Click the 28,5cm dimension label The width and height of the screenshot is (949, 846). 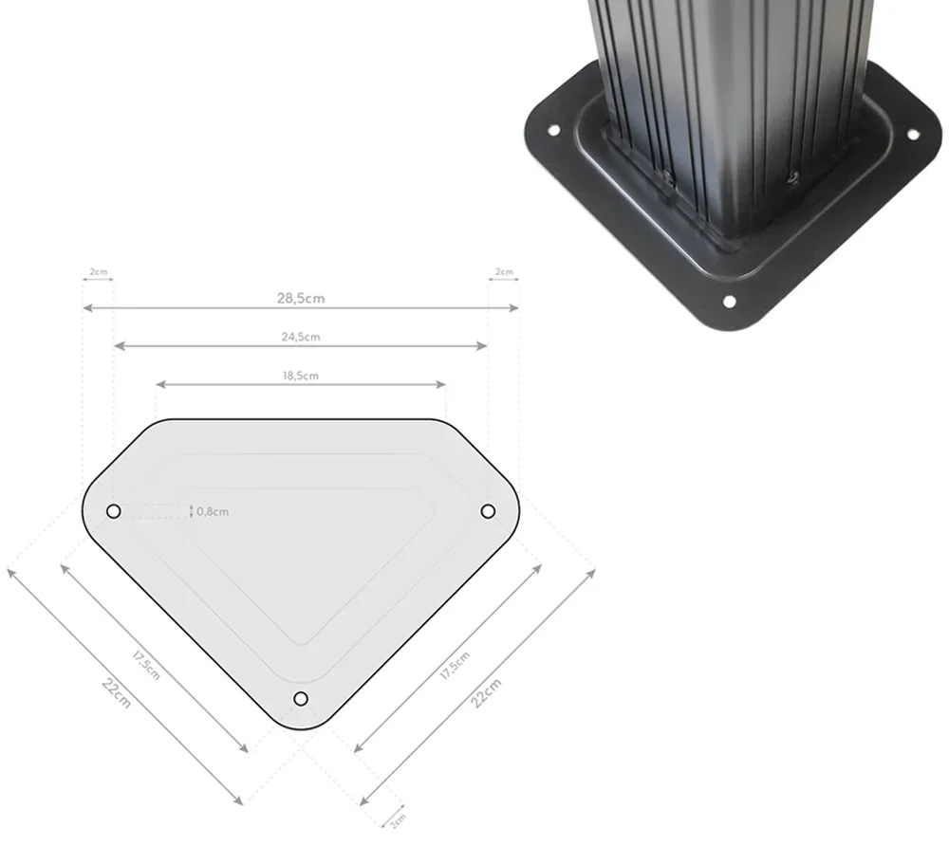click(x=301, y=298)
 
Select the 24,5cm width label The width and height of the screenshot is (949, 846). click(x=301, y=337)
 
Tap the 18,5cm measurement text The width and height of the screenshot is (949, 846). click(x=301, y=376)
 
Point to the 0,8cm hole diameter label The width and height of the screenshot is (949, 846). click(x=213, y=512)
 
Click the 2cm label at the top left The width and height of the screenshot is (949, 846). click(x=98, y=272)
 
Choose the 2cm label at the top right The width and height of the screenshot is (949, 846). click(x=504, y=272)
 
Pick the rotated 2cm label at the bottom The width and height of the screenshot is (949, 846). click(x=398, y=818)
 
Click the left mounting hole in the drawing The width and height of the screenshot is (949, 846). click(x=113, y=511)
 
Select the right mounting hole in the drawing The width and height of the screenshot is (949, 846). click(x=488, y=511)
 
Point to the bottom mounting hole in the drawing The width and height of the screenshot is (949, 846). click(x=301, y=699)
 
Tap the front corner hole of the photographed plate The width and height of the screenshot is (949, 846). click(x=729, y=302)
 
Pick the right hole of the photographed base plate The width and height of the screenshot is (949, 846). click(x=913, y=135)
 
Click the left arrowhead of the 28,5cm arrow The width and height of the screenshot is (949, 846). click(x=85, y=308)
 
